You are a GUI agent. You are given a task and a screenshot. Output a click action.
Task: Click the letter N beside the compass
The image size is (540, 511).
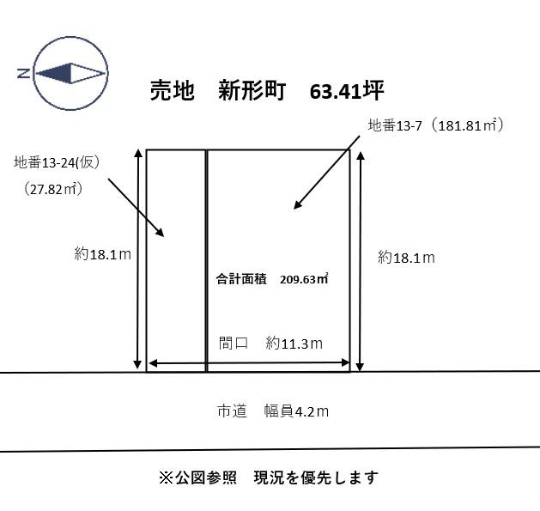point(23,73)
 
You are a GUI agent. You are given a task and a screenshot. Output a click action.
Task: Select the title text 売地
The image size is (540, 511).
point(173,91)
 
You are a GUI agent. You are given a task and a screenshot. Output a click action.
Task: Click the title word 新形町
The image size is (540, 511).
point(252,91)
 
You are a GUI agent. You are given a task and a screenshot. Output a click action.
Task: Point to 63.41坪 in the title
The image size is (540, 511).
point(347,91)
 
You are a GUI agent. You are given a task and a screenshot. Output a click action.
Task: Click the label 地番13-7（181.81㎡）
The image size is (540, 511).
point(435,125)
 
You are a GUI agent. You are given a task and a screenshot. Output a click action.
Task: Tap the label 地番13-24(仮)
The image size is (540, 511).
point(58,162)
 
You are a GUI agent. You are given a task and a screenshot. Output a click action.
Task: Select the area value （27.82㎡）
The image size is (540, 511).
point(53,189)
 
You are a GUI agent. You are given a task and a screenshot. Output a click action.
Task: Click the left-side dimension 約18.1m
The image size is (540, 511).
point(103,254)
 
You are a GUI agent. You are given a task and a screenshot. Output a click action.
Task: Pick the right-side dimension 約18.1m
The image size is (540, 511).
point(406,258)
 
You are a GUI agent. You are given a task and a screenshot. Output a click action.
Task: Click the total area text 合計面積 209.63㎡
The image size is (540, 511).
point(272,279)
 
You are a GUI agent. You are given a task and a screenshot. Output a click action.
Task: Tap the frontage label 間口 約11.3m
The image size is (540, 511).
point(270,344)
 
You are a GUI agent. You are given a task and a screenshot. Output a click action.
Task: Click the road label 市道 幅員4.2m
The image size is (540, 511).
point(273,411)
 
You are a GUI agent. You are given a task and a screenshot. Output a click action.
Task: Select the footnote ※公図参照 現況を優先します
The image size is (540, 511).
point(268,478)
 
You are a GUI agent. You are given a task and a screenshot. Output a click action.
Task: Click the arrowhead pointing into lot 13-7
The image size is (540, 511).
point(297,204)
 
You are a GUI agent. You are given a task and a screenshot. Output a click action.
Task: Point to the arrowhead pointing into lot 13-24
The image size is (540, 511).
point(160,232)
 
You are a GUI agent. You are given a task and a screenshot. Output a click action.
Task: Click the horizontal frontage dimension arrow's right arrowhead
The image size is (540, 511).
point(345,362)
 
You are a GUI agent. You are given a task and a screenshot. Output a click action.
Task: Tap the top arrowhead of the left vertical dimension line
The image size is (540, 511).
point(138,154)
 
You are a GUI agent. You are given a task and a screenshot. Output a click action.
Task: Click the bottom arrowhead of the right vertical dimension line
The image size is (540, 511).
point(360,367)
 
